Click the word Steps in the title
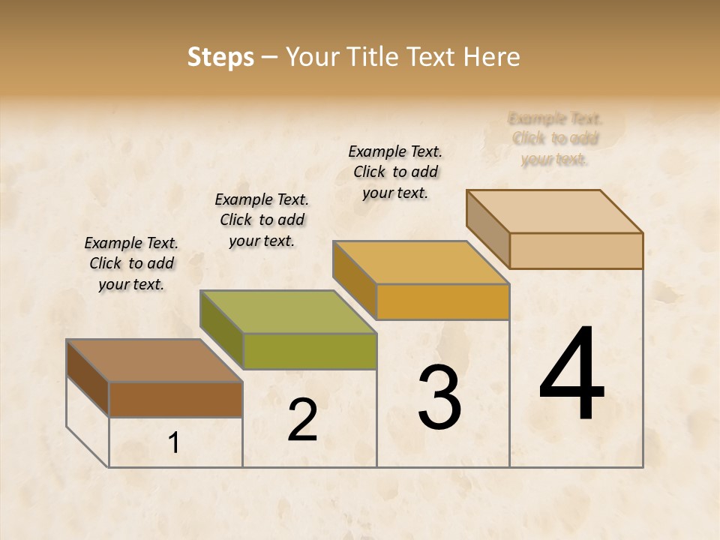(x=220, y=57)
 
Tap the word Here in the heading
(x=491, y=57)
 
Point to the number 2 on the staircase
(x=303, y=420)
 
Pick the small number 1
(x=174, y=443)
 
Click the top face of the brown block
(x=154, y=361)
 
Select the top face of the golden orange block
(x=421, y=262)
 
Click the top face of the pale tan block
(x=554, y=211)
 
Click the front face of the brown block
(x=175, y=399)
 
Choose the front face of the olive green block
(x=309, y=351)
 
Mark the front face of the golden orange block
(x=442, y=301)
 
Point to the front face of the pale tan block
(x=576, y=250)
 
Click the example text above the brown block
(x=131, y=263)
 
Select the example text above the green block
(x=262, y=220)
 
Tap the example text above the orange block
(x=395, y=172)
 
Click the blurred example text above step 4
(x=555, y=139)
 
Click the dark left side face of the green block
(x=221, y=330)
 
